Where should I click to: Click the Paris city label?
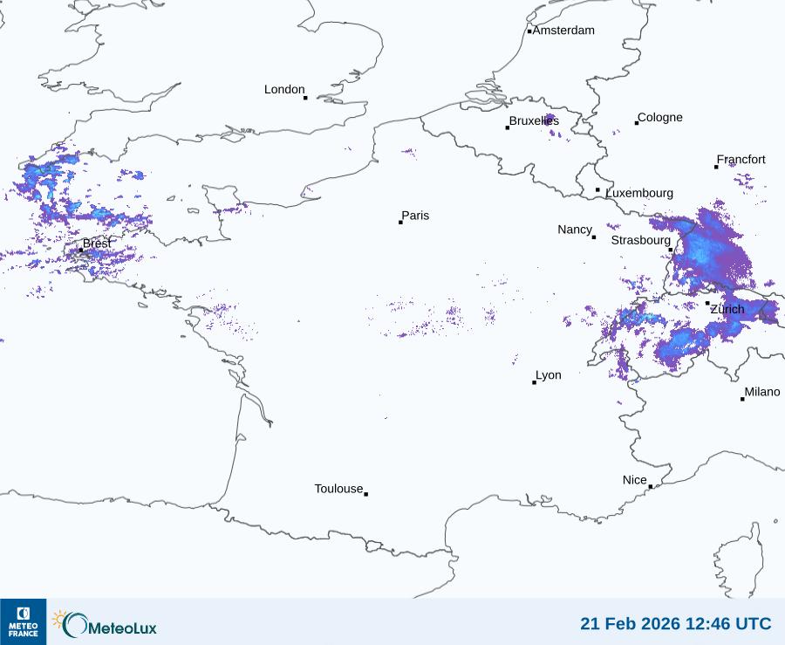click(415, 216)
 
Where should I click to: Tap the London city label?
click(284, 90)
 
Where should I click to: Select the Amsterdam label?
click(563, 31)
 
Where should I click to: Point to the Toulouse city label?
click(338, 489)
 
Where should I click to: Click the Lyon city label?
click(549, 375)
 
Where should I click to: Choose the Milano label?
click(762, 392)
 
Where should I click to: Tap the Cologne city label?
click(660, 118)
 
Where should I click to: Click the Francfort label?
click(741, 160)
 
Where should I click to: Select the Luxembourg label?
click(639, 193)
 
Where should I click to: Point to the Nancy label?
click(575, 230)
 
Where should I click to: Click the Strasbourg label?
click(640, 240)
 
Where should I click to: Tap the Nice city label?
click(635, 480)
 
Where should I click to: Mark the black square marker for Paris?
click(400, 223)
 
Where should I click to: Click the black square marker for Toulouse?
click(365, 494)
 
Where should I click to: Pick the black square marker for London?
click(305, 98)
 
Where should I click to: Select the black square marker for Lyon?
click(534, 382)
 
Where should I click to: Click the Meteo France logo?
click(23, 621)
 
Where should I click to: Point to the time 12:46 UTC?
click(729, 624)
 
